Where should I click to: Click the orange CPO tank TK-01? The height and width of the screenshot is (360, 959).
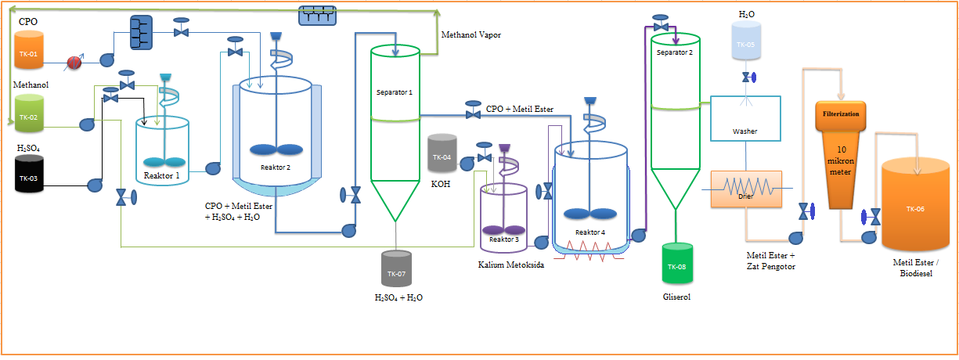coord(29,53)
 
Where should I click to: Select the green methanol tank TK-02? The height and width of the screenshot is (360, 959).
coord(29,116)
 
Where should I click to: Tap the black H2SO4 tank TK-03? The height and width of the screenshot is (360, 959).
coord(29,177)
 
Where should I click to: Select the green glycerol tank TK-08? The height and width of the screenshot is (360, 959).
coord(676,267)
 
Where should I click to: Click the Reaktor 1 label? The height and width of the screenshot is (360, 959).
coord(161,176)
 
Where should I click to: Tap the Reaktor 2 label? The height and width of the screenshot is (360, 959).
coord(276,167)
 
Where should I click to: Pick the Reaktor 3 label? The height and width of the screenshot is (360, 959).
coord(503,239)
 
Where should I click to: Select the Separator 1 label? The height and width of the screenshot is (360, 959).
coord(394,92)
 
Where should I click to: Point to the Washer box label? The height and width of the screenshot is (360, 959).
coord(744,131)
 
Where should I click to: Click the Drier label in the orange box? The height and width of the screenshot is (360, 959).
coord(746,197)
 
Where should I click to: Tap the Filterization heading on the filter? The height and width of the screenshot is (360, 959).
coord(841,113)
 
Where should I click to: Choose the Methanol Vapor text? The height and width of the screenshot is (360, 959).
coord(470,35)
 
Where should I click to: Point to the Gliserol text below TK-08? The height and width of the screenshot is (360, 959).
coord(676,297)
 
